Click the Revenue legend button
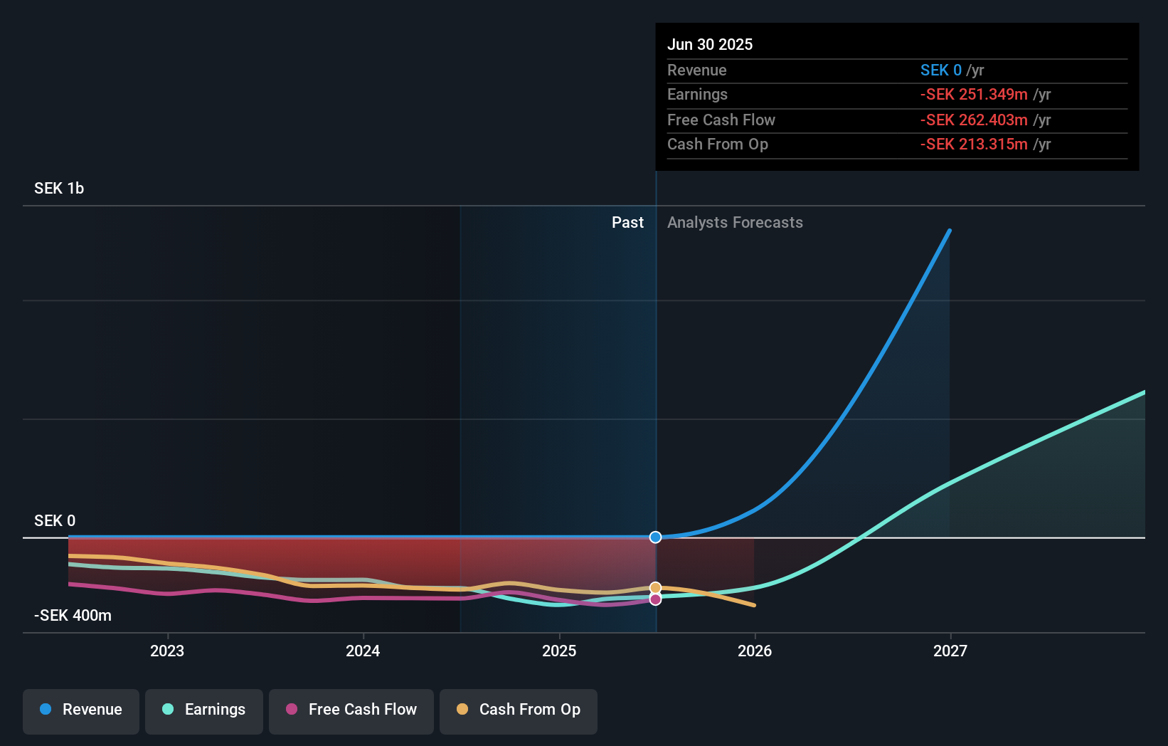click(x=81, y=710)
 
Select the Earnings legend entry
click(x=204, y=710)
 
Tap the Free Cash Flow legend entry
click(x=351, y=710)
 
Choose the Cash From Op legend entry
click(x=519, y=710)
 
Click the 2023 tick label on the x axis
click(x=167, y=651)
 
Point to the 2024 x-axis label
click(x=363, y=651)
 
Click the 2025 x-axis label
click(x=559, y=651)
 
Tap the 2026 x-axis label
click(x=755, y=651)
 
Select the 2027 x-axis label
click(x=950, y=651)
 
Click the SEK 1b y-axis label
click(x=59, y=189)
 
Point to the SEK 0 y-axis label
click(x=55, y=521)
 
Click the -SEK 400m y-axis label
click(x=73, y=616)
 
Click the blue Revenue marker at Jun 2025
click(x=656, y=537)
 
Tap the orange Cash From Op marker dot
click(x=656, y=588)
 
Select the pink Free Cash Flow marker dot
click(x=656, y=599)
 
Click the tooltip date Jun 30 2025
click(x=710, y=44)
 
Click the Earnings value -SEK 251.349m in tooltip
click(x=974, y=95)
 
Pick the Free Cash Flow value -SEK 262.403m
click(x=974, y=120)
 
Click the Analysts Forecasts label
click(x=735, y=223)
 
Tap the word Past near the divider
click(x=627, y=223)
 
